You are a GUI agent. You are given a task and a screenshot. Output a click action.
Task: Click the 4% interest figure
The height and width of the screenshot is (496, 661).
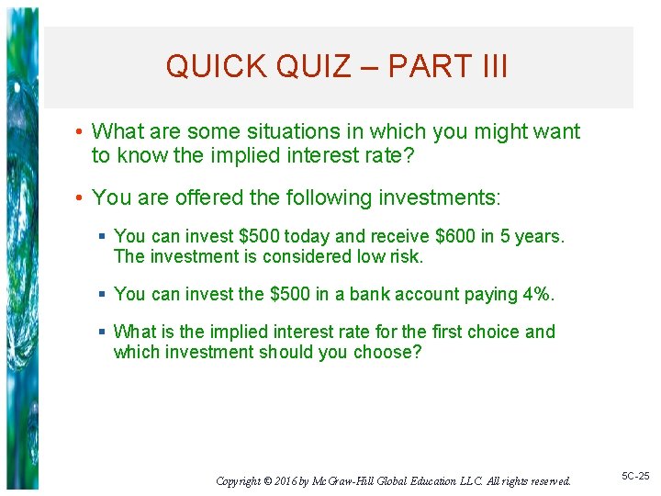[540, 294]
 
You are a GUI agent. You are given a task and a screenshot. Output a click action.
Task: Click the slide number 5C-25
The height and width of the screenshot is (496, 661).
[633, 476]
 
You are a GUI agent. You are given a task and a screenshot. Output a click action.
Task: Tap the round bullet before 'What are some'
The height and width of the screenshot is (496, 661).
[80, 132]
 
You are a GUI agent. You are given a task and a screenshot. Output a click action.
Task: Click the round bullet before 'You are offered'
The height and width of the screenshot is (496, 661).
[80, 197]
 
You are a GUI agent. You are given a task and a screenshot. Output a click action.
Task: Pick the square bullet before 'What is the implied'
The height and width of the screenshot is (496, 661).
[104, 332]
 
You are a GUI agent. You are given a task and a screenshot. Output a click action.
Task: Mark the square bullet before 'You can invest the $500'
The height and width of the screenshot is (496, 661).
[104, 294]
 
